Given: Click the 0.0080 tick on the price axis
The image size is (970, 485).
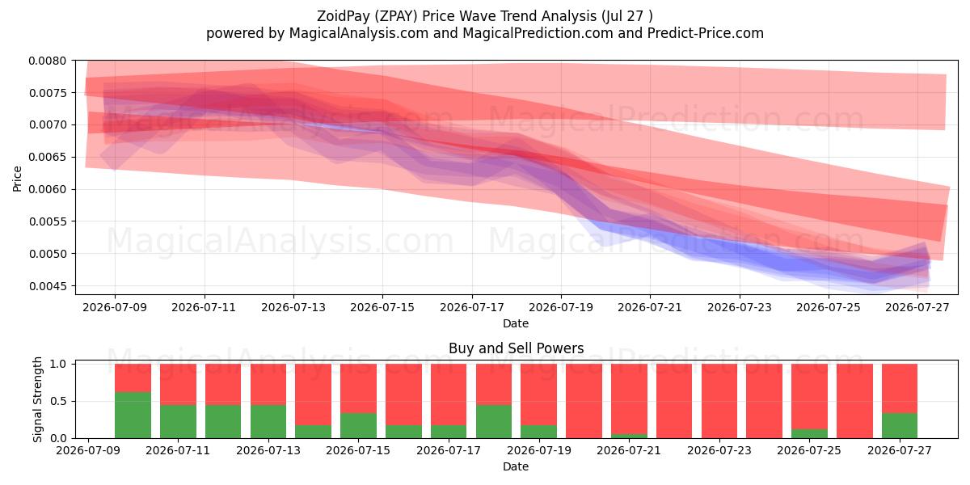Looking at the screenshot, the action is [48, 61].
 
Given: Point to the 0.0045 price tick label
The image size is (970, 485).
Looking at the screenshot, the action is [48, 286].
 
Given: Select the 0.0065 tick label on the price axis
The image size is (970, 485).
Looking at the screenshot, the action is [48, 157].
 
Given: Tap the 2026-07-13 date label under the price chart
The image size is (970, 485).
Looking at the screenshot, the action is [293, 307].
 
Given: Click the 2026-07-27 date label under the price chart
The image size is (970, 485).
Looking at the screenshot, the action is [917, 307].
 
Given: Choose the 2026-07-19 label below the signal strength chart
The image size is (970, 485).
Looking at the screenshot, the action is [538, 450].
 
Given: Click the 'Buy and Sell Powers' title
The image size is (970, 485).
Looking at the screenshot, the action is [517, 348].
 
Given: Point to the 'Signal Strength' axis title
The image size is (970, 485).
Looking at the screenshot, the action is [38, 399].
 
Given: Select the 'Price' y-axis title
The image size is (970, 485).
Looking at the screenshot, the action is [17, 179].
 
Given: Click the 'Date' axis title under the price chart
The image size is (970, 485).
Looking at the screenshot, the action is [516, 323].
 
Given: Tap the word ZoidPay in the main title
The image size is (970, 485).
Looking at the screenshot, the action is [344, 16].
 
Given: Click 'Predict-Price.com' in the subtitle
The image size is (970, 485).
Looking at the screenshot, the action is [706, 33].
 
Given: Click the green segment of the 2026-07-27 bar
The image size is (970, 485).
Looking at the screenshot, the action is [900, 426].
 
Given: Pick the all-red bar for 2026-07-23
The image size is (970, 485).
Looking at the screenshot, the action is [719, 401].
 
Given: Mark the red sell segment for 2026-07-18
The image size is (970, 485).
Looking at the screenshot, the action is [494, 384].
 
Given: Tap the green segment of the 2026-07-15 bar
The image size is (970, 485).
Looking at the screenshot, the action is [358, 426].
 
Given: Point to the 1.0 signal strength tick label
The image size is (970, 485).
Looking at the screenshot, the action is [58, 365].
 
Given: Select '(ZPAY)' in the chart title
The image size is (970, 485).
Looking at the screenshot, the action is [396, 16].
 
